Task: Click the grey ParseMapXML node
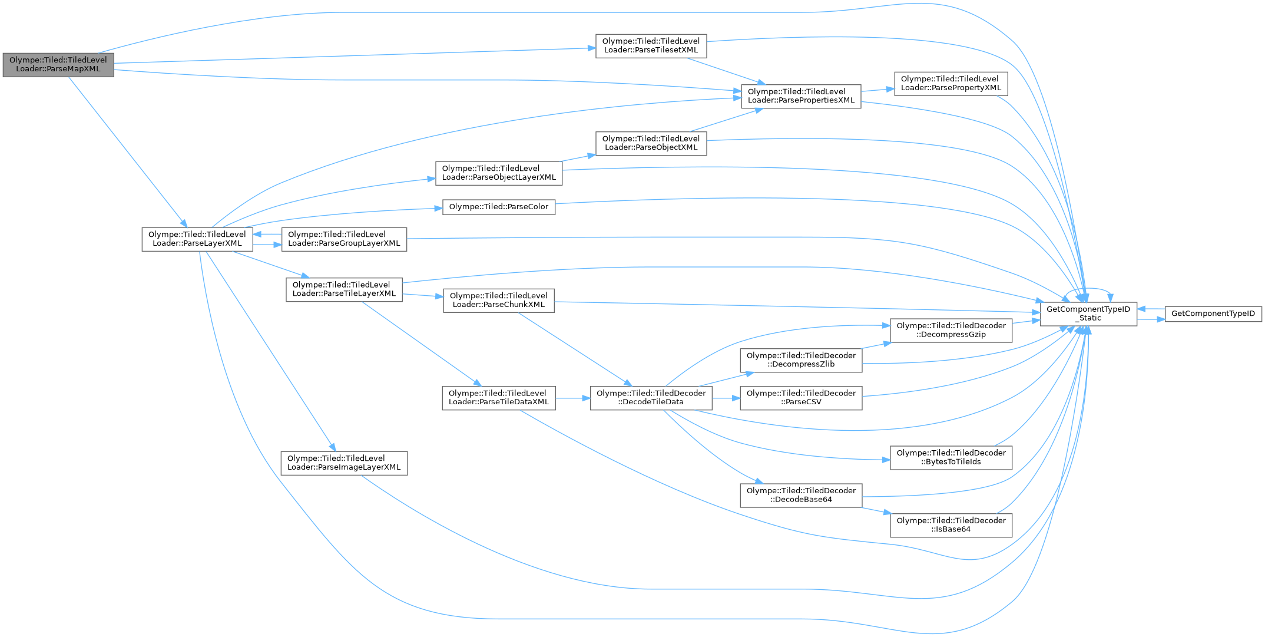pyautogui.click(x=58, y=64)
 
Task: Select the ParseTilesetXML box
pyautogui.click(x=651, y=45)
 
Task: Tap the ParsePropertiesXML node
pyautogui.click(x=801, y=95)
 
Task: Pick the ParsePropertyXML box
pyautogui.click(x=951, y=83)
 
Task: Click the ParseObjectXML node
pyautogui.click(x=651, y=143)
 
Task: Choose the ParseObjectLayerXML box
pyautogui.click(x=499, y=173)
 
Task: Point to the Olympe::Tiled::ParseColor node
pyautogui.click(x=499, y=207)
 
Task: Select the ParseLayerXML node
pyautogui.click(x=197, y=239)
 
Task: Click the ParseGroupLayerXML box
pyautogui.click(x=344, y=239)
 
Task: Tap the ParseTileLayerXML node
pyautogui.click(x=344, y=289)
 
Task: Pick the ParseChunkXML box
pyautogui.click(x=498, y=300)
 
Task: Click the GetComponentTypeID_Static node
pyautogui.click(x=1088, y=313)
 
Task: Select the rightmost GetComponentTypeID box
pyautogui.click(x=1213, y=313)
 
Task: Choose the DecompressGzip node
pyautogui.click(x=951, y=330)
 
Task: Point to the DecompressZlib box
pyautogui.click(x=801, y=359)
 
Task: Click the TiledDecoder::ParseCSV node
pyautogui.click(x=801, y=398)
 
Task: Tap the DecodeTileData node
pyautogui.click(x=651, y=398)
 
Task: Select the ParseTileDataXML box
pyautogui.click(x=498, y=398)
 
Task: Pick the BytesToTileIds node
pyautogui.click(x=951, y=457)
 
